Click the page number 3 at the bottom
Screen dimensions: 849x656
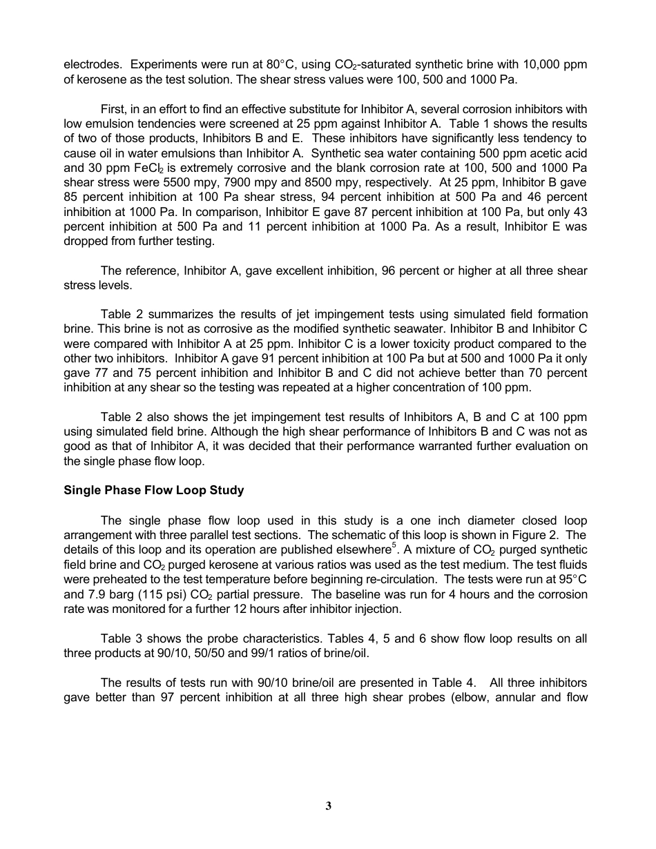328,806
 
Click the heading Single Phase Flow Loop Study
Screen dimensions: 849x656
153,490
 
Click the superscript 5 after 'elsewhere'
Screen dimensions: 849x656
395,546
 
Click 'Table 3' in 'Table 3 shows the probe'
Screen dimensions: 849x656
120,638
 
